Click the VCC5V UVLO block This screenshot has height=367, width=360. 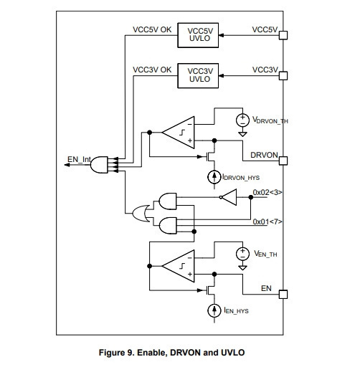tap(198, 35)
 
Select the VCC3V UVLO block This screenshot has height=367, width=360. tap(198, 75)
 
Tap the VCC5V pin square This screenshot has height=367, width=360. tap(283, 35)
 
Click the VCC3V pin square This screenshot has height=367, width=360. tap(283, 76)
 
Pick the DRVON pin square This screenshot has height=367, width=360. tap(283, 161)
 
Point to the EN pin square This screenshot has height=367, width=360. tap(283, 295)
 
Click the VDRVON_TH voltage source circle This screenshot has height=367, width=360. tap(242, 120)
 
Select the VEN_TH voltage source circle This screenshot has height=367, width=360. tap(242, 254)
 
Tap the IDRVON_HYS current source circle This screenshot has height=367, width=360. tap(214, 177)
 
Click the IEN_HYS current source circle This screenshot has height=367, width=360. tap(214, 310)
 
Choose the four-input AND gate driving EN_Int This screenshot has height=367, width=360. tap(99, 165)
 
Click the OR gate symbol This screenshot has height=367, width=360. tap(141, 213)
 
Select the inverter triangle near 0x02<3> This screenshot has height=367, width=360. tap(229, 197)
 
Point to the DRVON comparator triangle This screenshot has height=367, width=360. tap(179, 133)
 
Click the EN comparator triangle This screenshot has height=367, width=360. tap(179, 266)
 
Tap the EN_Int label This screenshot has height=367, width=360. tap(79, 159)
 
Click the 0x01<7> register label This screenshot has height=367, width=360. tap(267, 221)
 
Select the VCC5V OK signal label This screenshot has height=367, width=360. tap(152, 29)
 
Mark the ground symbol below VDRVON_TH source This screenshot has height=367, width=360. tap(242, 134)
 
